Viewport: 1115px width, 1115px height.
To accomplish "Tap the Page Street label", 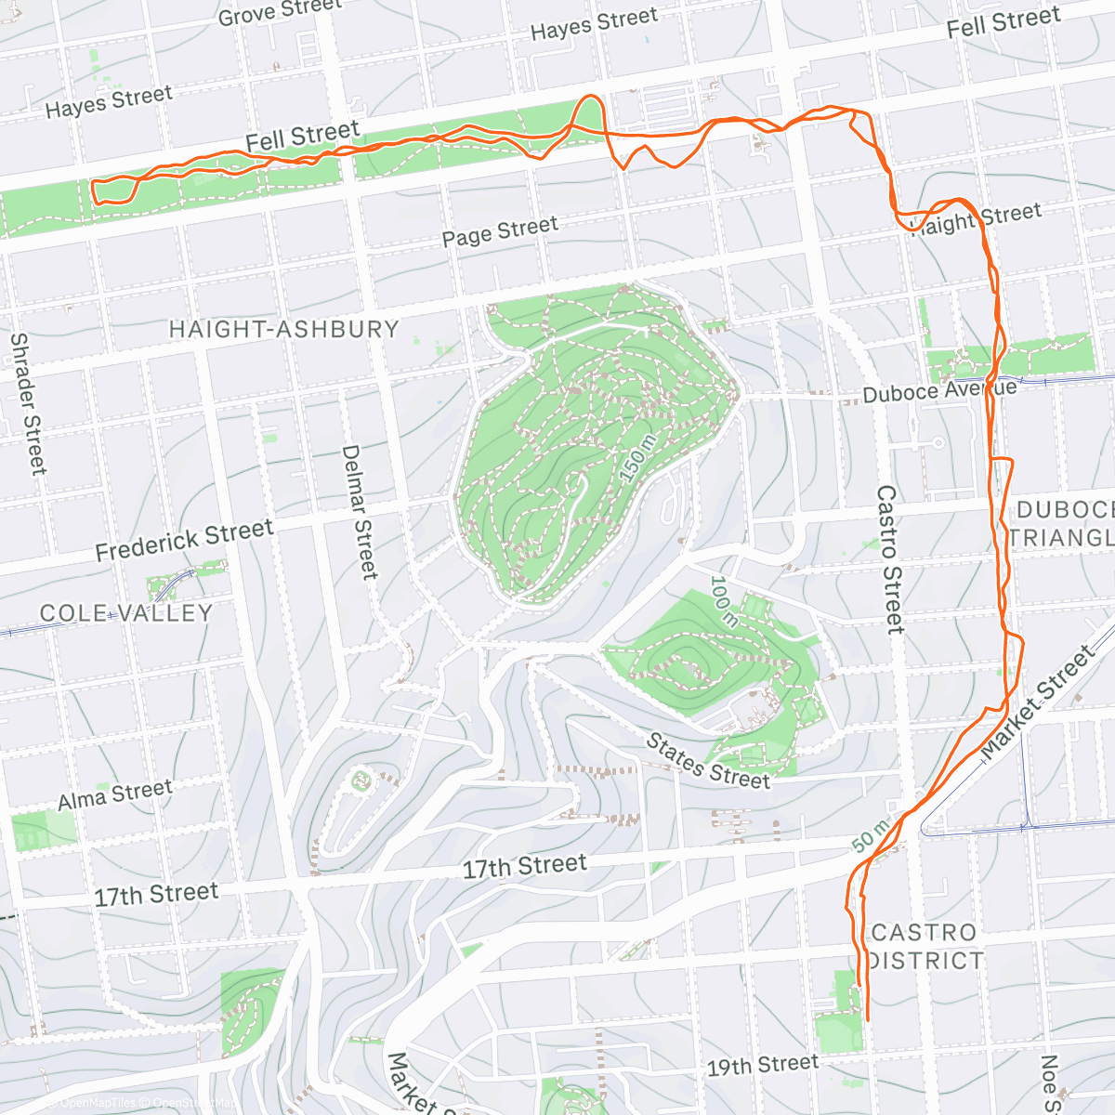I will pos(500,231).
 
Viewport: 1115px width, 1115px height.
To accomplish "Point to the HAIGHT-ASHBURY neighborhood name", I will pos(283,329).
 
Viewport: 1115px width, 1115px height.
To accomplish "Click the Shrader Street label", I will pos(27,403).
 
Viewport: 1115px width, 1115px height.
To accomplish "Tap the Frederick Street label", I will pos(184,540).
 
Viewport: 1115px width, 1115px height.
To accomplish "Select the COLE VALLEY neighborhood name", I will pos(126,613).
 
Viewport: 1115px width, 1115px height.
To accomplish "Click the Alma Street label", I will pos(115,795).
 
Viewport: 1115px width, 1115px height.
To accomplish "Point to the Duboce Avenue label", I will pos(938,391).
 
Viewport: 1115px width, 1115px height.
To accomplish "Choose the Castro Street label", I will pos(890,559).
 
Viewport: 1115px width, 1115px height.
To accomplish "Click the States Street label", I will pos(708,760).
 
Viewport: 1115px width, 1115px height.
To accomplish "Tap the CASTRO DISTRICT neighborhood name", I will pos(925,946).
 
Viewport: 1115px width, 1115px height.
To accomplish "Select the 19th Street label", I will pos(763,1065).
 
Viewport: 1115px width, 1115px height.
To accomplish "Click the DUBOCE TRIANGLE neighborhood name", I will pos(1064,524).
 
